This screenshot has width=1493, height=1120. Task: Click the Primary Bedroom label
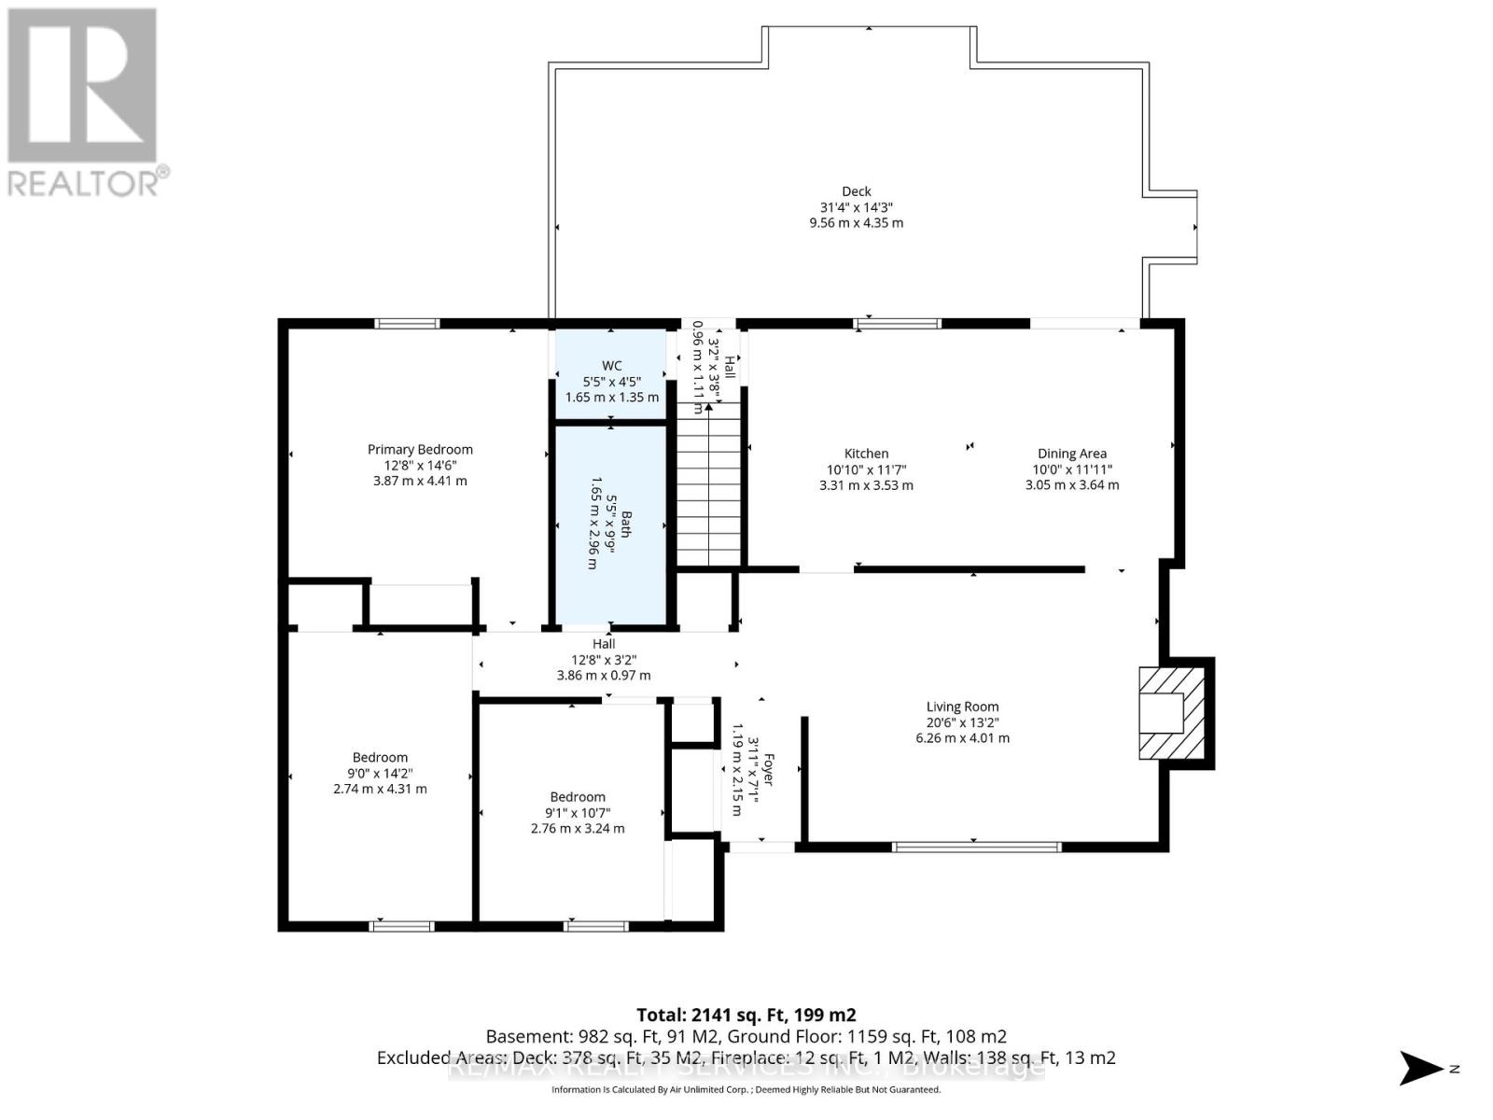tap(420, 450)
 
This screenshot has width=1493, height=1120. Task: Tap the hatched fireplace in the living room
tap(1171, 712)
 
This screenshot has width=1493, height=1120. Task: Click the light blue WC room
tap(611, 373)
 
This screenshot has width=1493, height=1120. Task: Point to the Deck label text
tap(856, 191)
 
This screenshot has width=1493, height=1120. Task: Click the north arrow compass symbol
tap(1422, 1068)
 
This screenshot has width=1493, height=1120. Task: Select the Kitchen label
tap(866, 454)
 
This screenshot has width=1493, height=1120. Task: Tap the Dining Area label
tap(1071, 454)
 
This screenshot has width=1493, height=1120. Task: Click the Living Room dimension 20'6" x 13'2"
tap(962, 722)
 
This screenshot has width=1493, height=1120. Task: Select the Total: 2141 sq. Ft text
tap(745, 1015)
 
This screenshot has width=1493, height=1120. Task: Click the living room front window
tap(976, 847)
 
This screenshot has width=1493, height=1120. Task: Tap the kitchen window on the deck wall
tap(897, 324)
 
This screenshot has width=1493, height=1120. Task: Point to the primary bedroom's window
tap(407, 324)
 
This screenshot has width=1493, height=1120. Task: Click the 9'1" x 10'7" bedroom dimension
tap(577, 813)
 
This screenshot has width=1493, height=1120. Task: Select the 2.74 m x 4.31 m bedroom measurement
tap(380, 789)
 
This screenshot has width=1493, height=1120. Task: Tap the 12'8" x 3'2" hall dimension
tap(604, 660)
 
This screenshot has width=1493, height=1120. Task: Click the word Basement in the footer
tap(523, 1037)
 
